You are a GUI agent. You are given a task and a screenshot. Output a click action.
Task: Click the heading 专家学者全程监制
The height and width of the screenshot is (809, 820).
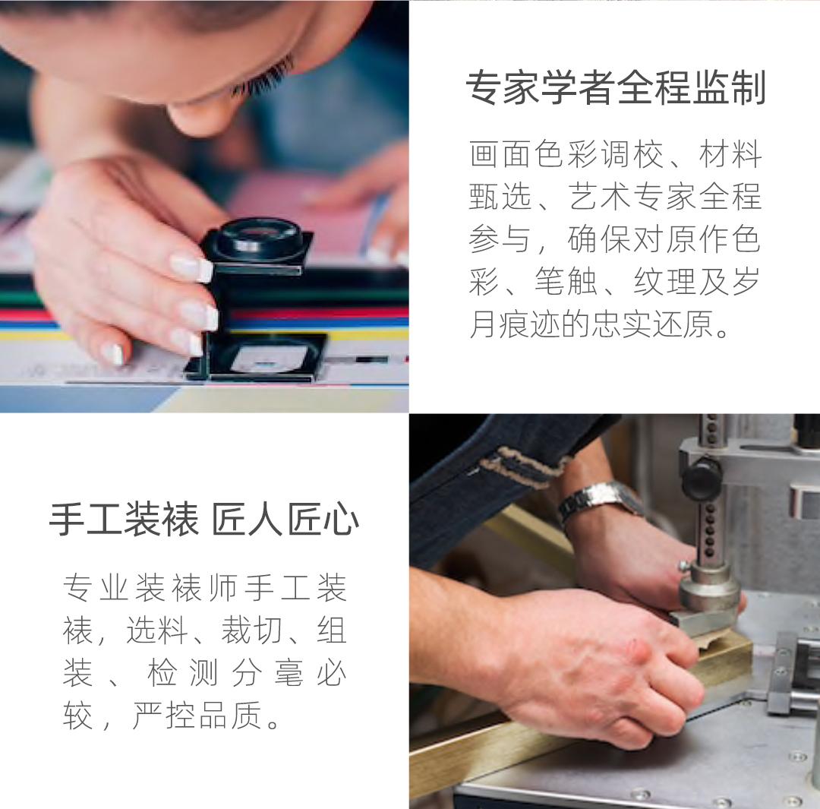[x=616, y=87]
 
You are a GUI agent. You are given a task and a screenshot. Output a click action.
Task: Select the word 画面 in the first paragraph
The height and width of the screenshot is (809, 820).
[x=502, y=154]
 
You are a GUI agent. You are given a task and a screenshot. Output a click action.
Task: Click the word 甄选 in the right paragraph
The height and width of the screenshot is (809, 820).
[x=500, y=197]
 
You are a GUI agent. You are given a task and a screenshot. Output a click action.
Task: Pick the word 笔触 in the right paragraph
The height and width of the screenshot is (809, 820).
[x=566, y=282]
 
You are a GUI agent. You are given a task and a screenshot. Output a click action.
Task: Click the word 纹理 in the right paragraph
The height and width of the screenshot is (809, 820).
[x=664, y=282]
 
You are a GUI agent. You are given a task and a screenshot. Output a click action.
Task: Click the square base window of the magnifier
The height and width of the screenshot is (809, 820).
[x=264, y=358]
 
